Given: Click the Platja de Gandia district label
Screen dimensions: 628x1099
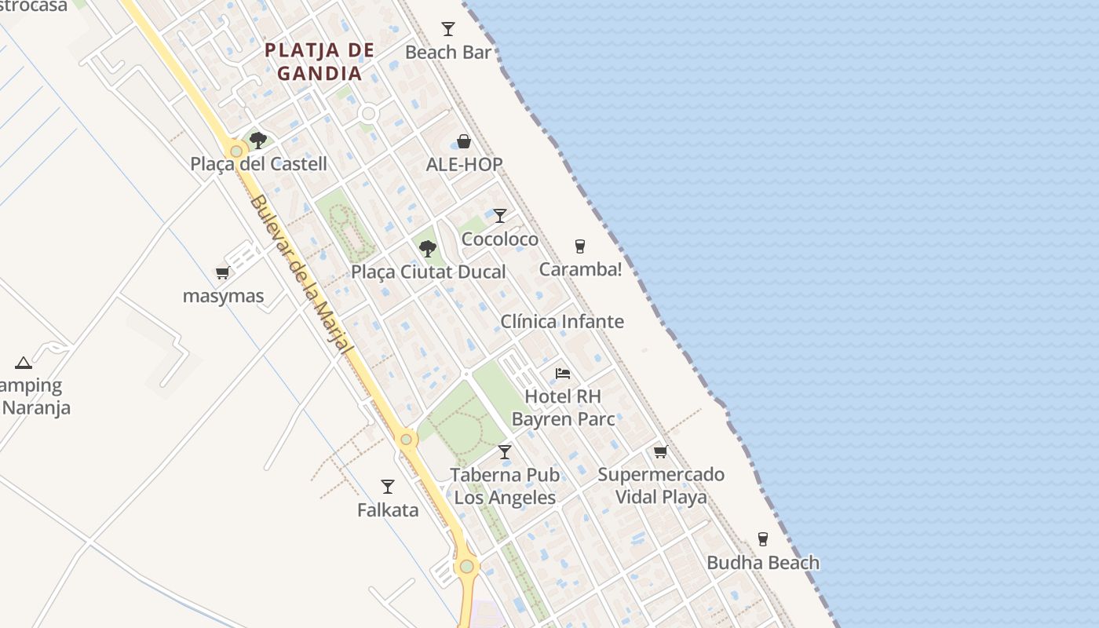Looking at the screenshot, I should [319, 62].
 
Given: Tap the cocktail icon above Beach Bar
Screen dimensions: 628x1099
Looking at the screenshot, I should [448, 29].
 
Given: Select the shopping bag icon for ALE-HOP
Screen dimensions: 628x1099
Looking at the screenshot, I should [464, 141].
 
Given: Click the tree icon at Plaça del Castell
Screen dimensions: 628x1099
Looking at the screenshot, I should [257, 141].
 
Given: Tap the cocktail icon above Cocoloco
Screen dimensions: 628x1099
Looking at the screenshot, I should [499, 215].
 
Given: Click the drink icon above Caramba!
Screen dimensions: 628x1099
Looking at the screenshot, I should [580, 246].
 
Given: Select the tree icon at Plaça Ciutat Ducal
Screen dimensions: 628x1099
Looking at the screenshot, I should [428, 249].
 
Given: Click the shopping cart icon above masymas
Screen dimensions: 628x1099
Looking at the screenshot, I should [223, 273].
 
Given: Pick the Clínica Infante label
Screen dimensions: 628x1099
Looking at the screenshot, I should [562, 321].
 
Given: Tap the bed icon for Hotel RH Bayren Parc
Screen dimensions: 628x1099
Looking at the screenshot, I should [562, 373].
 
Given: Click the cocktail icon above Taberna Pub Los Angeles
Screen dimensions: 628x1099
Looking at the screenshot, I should [505, 452].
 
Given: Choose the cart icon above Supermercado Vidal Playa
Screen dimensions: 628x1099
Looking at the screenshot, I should [660, 451].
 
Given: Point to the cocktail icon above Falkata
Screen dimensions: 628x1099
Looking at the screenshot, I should [387, 487].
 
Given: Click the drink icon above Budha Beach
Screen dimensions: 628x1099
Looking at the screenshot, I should [762, 539].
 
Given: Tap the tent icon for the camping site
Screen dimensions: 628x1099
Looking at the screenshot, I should [24, 363].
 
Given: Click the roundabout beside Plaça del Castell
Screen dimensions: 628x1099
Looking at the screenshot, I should [235, 150].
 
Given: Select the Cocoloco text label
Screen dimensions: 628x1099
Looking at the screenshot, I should [500, 239].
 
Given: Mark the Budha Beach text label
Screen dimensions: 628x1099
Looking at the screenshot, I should [763, 563].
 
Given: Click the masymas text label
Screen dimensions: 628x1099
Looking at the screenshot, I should [223, 296].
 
